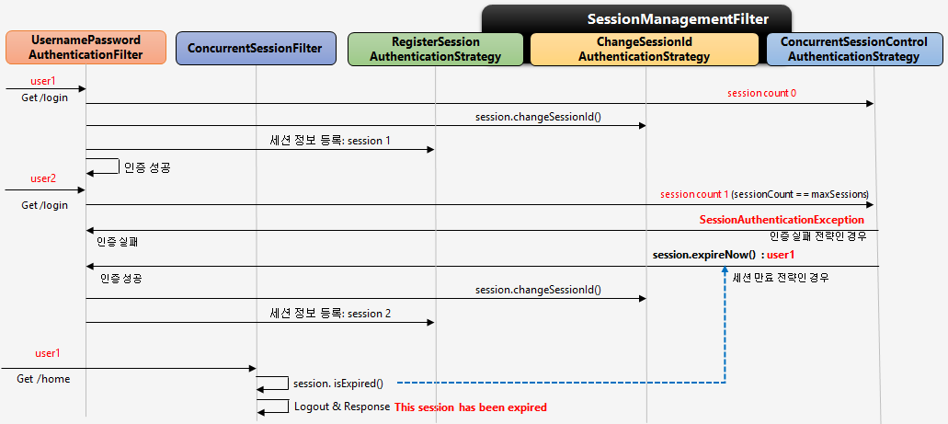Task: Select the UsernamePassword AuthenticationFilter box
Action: pyautogui.click(x=86, y=48)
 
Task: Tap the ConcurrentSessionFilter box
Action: pyautogui.click(x=255, y=48)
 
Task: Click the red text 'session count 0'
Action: pyautogui.click(x=761, y=93)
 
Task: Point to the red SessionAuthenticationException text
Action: pyautogui.click(x=782, y=220)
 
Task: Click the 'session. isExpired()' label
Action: pyautogui.click(x=337, y=383)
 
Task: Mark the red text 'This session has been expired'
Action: pyautogui.click(x=471, y=407)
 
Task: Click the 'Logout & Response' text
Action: pyautogui.click(x=341, y=407)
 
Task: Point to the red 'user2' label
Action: pyautogui.click(x=44, y=178)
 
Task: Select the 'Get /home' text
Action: pyautogui.click(x=43, y=378)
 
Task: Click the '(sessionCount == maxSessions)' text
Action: pyautogui.click(x=800, y=194)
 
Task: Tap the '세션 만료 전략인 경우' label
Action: pyautogui.click(x=781, y=277)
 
